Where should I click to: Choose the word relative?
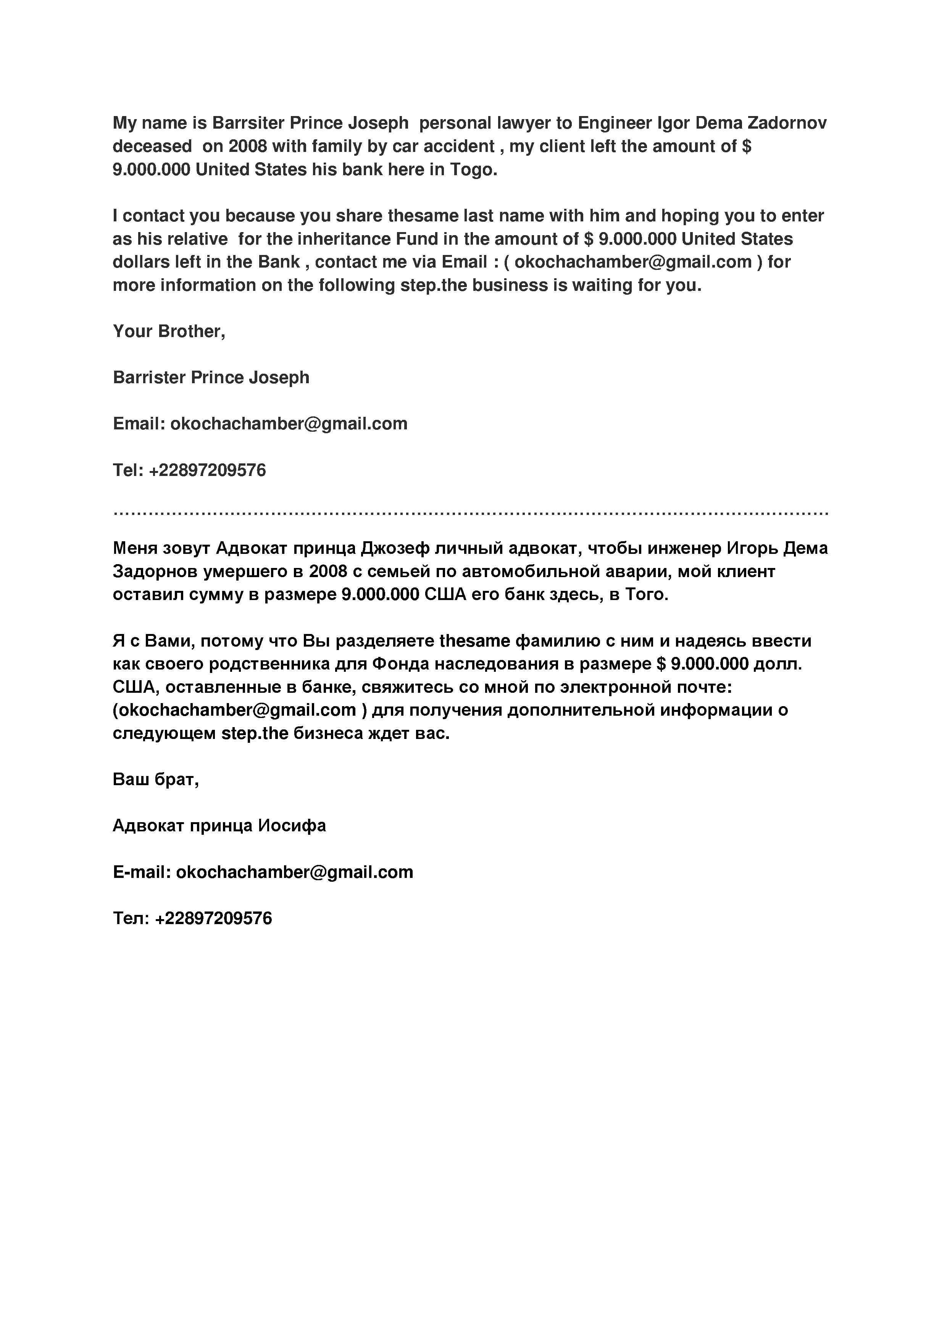[198, 239]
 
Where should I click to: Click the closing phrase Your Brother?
[169, 331]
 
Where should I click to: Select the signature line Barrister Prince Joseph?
[211, 378]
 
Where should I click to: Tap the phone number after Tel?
[208, 470]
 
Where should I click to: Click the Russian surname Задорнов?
[155, 571]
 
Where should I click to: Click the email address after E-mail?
[294, 873]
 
